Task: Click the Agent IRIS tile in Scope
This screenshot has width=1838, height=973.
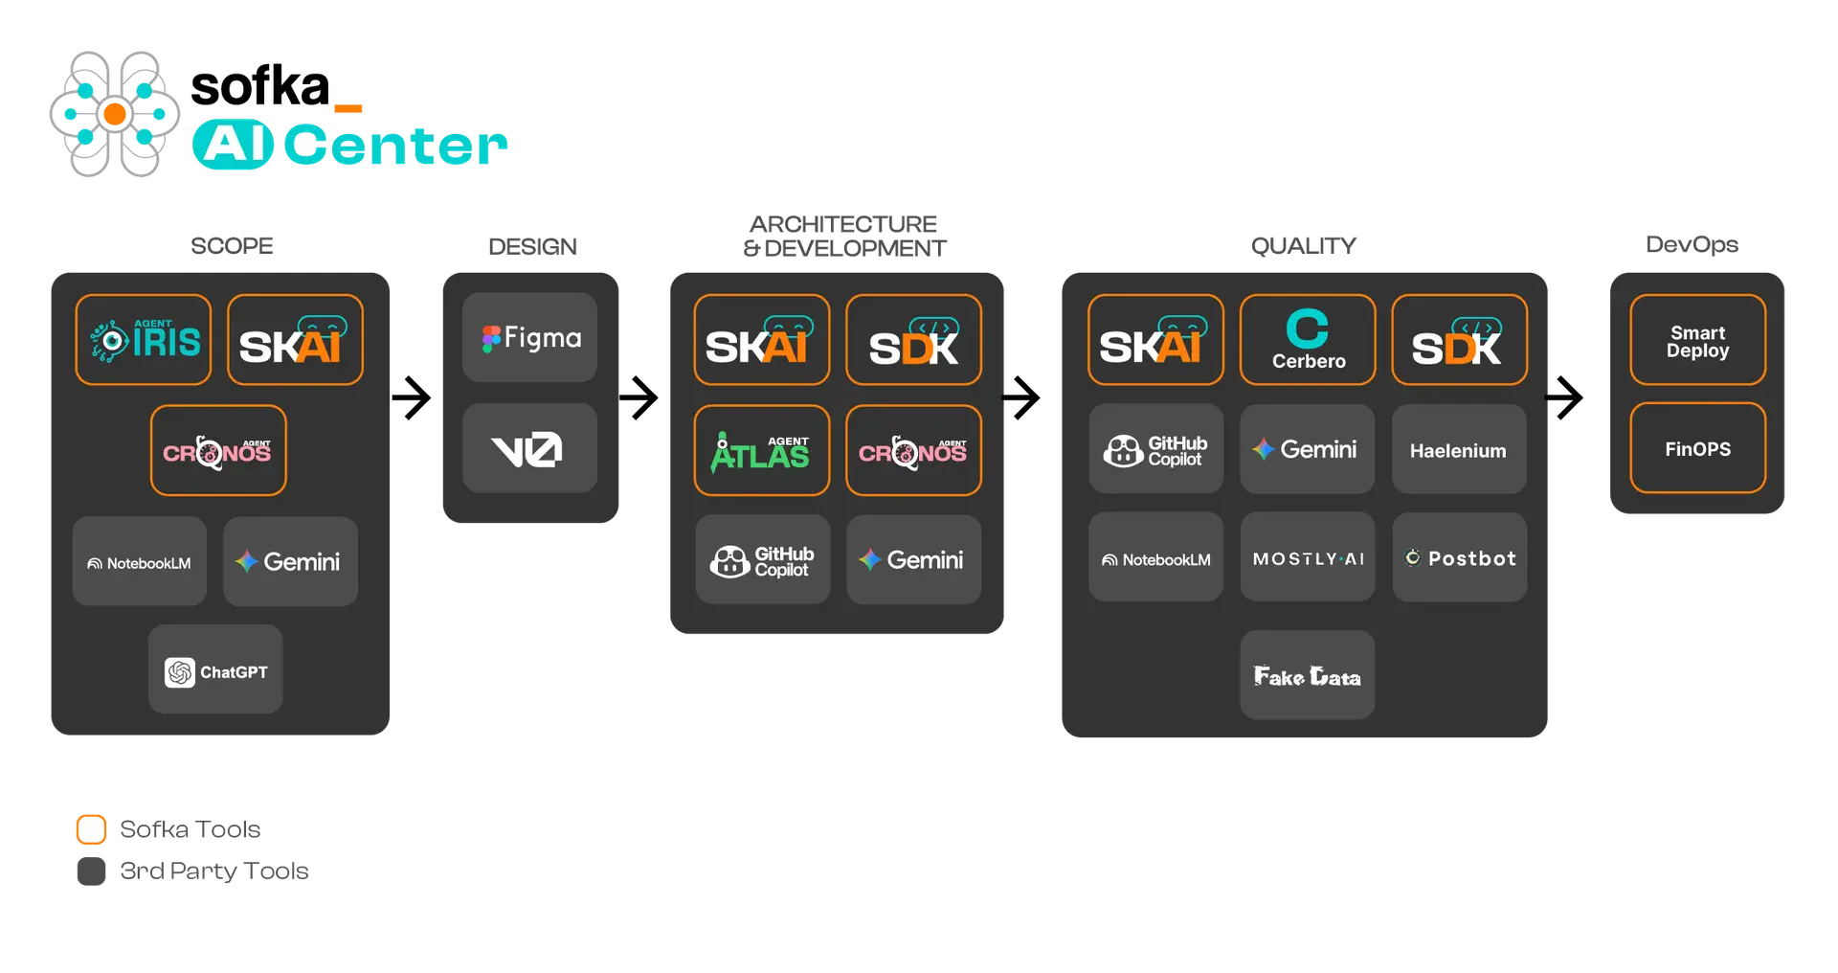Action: click(x=144, y=340)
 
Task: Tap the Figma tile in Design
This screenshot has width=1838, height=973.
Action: click(x=529, y=337)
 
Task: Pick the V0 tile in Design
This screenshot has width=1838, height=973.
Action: click(x=529, y=448)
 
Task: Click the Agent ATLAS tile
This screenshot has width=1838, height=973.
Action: click(x=762, y=450)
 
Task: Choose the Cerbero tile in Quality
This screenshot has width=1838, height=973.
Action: click(x=1308, y=340)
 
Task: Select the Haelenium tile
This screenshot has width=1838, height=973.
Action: click(x=1459, y=449)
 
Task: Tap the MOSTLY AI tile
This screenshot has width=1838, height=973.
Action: click(x=1308, y=557)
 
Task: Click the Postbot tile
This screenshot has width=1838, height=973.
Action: click(x=1460, y=557)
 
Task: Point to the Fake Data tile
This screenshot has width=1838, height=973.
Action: click(x=1308, y=675)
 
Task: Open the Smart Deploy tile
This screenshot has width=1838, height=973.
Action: click(x=1698, y=340)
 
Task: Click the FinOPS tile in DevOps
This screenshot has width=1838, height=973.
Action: click(x=1698, y=448)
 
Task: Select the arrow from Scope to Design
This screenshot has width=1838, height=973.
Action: click(x=412, y=397)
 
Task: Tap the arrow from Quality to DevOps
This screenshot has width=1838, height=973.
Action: click(x=1564, y=397)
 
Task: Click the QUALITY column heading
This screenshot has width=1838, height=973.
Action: click(x=1304, y=246)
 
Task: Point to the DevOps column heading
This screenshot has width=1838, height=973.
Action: click(x=1692, y=245)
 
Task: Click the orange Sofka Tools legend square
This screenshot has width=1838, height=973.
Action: click(x=91, y=829)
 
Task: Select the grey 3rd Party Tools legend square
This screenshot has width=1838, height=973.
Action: click(x=91, y=871)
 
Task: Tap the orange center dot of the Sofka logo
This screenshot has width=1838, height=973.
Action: click(x=115, y=115)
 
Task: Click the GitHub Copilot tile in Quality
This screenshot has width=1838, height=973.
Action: click(x=1156, y=449)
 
